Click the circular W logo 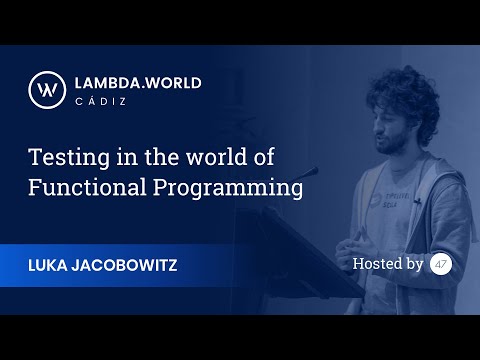point(45,88)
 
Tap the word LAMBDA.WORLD point(137,83)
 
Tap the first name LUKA point(52,264)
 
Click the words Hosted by point(387,264)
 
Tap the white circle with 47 point(441,264)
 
